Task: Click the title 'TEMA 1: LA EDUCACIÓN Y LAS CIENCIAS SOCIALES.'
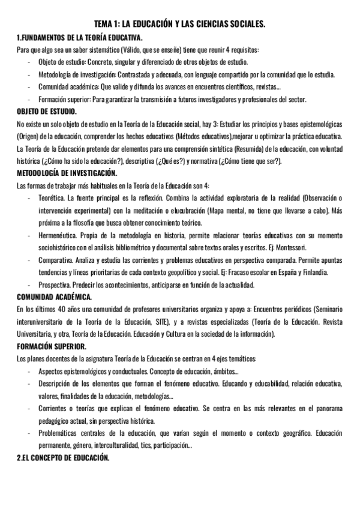click(x=180, y=25)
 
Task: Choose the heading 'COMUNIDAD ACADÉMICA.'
click(x=55, y=297)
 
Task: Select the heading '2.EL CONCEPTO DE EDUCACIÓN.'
click(x=63, y=457)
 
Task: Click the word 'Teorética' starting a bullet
click(x=52, y=197)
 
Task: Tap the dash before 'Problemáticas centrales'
click(x=30, y=433)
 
